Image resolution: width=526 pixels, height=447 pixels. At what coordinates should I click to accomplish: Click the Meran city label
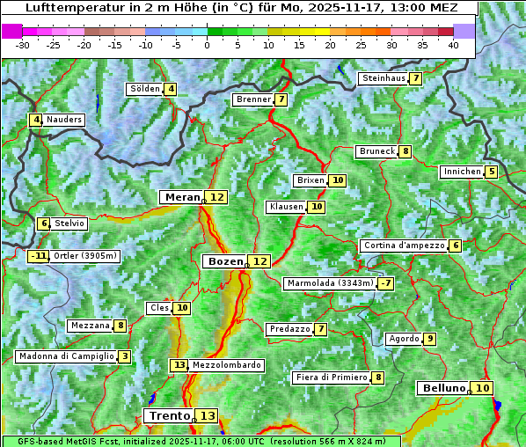[182, 197]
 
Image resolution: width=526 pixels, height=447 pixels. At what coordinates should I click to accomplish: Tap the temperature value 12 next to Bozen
[259, 261]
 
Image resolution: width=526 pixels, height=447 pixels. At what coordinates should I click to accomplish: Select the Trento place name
[169, 415]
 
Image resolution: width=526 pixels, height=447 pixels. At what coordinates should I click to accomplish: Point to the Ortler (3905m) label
[85, 256]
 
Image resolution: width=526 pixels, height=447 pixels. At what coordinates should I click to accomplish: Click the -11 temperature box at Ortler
[38, 256]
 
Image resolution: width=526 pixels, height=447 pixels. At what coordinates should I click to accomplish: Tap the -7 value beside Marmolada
[385, 283]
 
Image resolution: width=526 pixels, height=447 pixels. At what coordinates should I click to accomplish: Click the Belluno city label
[442, 388]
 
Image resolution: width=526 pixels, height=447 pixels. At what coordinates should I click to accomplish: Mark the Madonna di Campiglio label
[66, 356]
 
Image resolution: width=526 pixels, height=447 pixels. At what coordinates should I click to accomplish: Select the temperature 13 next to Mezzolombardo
[179, 364]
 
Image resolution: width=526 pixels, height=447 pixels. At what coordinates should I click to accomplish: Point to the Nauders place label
[64, 120]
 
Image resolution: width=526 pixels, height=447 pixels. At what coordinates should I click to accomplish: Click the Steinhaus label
[384, 78]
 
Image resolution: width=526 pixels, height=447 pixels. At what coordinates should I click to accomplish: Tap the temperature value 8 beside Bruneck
[405, 151]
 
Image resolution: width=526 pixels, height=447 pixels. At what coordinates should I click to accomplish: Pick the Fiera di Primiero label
[331, 377]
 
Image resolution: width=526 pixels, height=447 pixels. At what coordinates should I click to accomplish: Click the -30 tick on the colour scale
[23, 45]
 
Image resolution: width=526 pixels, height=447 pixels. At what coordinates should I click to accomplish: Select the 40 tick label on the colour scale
[453, 45]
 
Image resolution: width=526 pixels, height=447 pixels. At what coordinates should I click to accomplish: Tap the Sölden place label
[145, 89]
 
